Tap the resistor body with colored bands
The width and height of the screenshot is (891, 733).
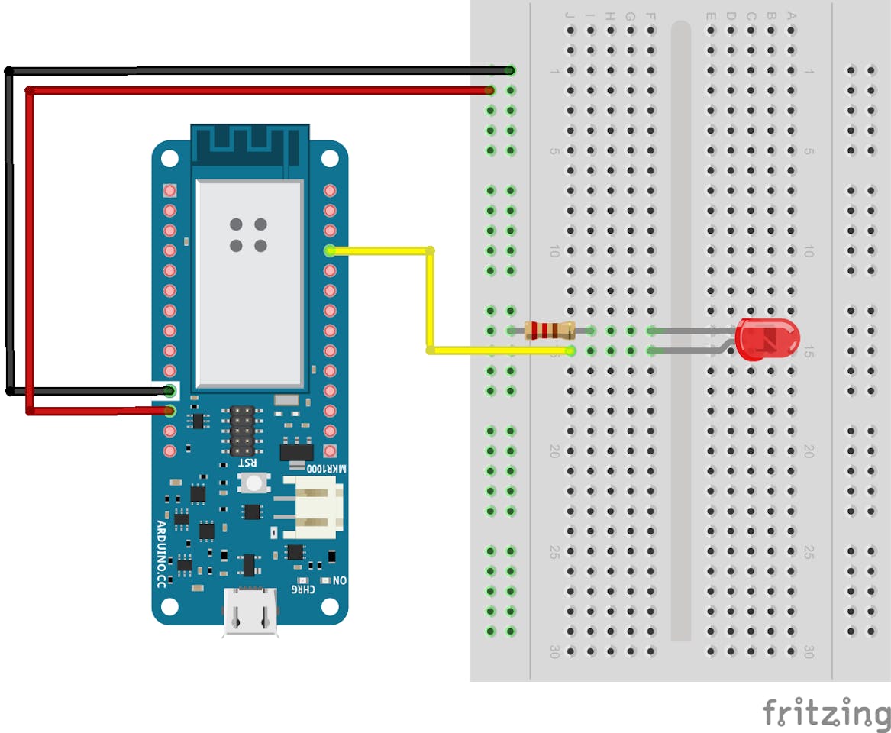pyautogui.click(x=550, y=331)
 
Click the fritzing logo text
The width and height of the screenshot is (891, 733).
pyautogui.click(x=826, y=712)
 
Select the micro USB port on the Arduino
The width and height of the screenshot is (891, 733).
pyautogui.click(x=250, y=611)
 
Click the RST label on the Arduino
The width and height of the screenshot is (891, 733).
pyautogui.click(x=248, y=463)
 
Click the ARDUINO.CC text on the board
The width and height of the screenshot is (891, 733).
pyautogui.click(x=161, y=554)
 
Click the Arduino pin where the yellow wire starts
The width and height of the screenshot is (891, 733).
pyautogui.click(x=330, y=250)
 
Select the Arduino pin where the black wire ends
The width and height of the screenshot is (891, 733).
pyautogui.click(x=169, y=391)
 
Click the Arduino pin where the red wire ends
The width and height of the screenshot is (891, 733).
pyautogui.click(x=169, y=412)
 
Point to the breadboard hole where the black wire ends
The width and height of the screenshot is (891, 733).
pyautogui.click(x=510, y=71)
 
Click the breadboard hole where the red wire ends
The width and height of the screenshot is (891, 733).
pyautogui.click(x=490, y=91)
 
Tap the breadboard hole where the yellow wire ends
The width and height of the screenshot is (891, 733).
pyautogui.click(x=570, y=350)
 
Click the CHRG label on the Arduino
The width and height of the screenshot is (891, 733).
pyautogui.click(x=304, y=589)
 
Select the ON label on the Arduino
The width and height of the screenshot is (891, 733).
pyautogui.click(x=340, y=580)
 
